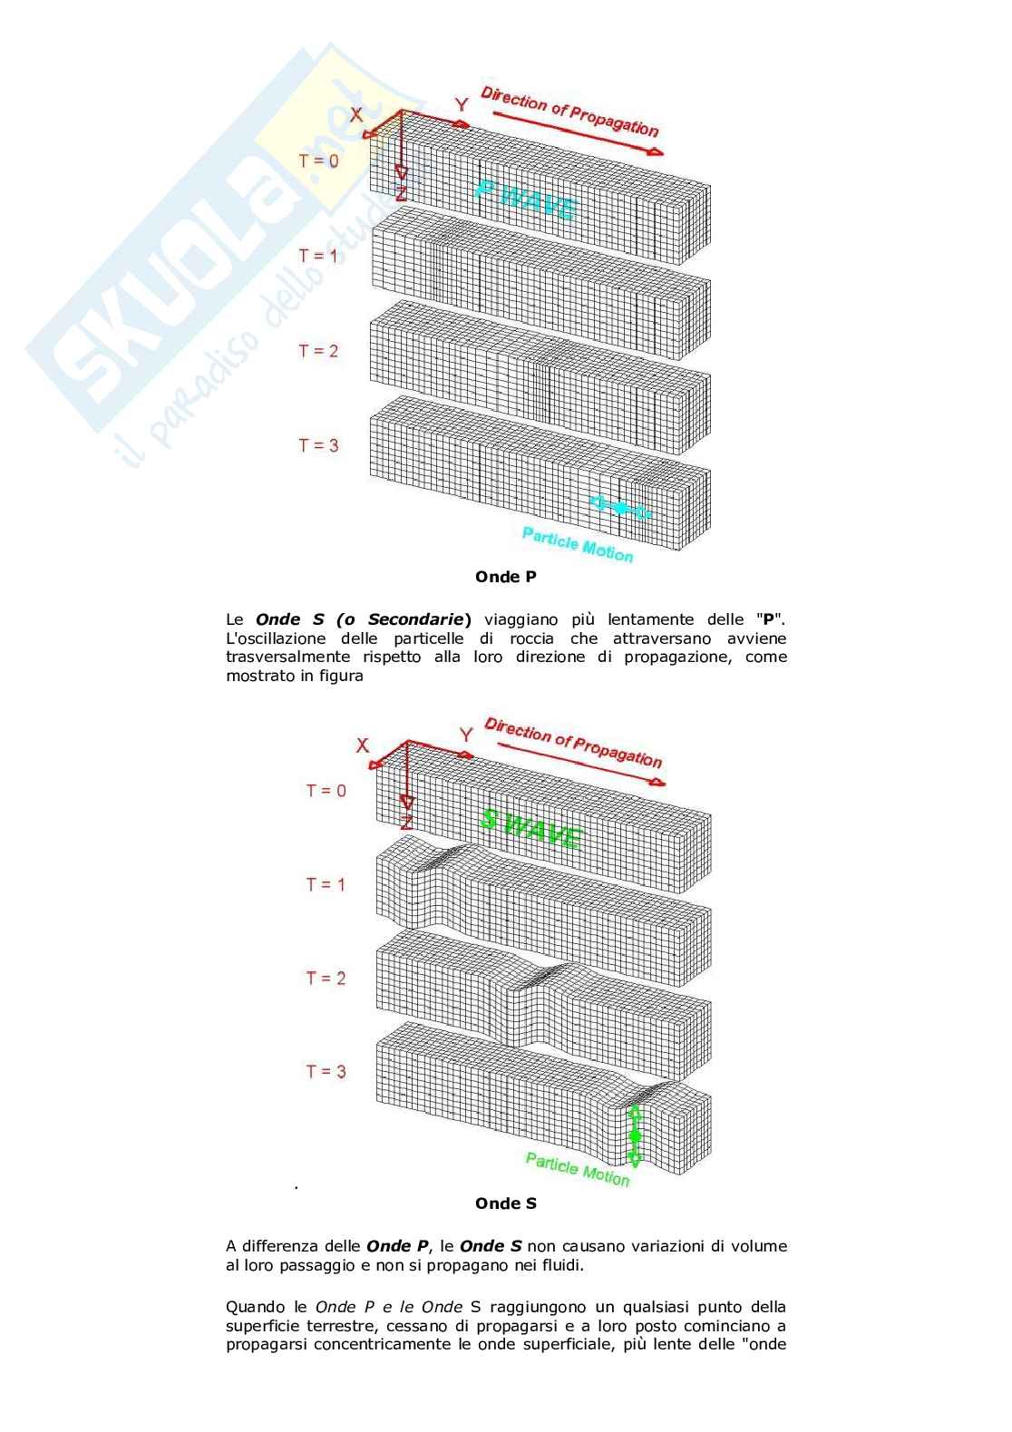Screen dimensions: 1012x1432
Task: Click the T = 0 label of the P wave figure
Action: pos(318,161)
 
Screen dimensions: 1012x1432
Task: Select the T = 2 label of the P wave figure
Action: pos(318,350)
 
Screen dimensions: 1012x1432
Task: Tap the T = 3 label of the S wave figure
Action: pos(326,1071)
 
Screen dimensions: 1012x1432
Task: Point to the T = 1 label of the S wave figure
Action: pos(326,884)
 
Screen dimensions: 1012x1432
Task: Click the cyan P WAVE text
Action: pos(527,200)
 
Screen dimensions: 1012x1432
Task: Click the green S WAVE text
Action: pos(531,829)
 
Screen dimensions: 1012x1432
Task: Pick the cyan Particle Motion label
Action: pos(578,545)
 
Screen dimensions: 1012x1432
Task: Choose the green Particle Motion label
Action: pos(578,1169)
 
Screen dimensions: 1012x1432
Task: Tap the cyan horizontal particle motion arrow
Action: pos(619,508)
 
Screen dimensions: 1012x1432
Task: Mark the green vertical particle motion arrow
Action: pos(635,1136)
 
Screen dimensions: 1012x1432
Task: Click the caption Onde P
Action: pos(506,577)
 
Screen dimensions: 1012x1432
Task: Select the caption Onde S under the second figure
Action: pos(506,1203)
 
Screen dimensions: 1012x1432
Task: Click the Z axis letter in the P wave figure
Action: pos(402,193)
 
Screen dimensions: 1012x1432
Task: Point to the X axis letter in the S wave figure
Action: pos(363,745)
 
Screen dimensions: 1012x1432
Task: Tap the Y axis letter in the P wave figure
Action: pos(461,104)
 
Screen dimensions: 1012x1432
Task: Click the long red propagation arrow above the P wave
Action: pos(578,133)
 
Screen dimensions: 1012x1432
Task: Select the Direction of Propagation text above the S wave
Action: pos(573,742)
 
